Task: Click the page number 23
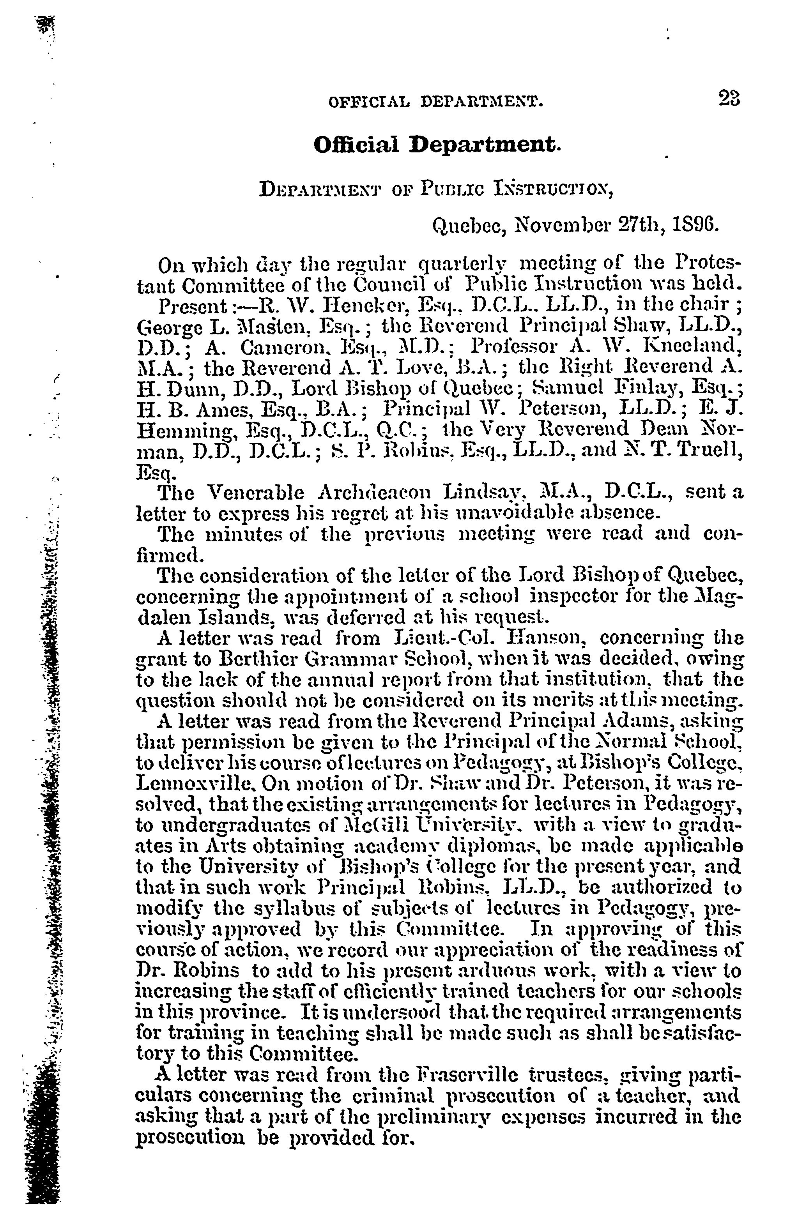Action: click(x=729, y=98)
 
